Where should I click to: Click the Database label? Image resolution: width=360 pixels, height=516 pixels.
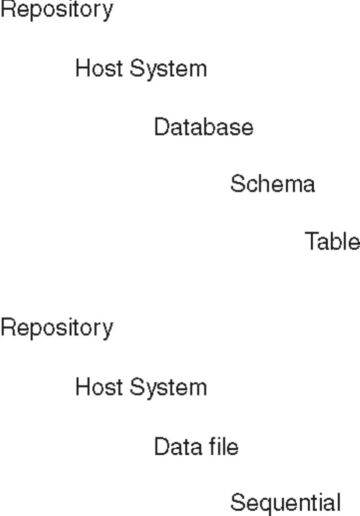[203, 128]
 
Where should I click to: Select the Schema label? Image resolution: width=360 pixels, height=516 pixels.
[272, 185]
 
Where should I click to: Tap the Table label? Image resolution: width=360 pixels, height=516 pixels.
[332, 242]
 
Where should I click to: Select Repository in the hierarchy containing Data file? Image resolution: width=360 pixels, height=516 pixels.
[56, 329]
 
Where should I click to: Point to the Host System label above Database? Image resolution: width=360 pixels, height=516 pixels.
[141, 69]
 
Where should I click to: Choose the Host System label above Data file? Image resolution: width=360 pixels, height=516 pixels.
[141, 387]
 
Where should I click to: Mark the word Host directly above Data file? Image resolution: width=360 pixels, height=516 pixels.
[100, 387]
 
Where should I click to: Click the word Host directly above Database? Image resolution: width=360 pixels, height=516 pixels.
[100, 69]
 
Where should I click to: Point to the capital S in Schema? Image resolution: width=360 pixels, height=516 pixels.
[236, 185]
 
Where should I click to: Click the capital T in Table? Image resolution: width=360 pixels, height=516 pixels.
[310, 242]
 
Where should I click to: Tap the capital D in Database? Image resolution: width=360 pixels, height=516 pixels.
[160, 128]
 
